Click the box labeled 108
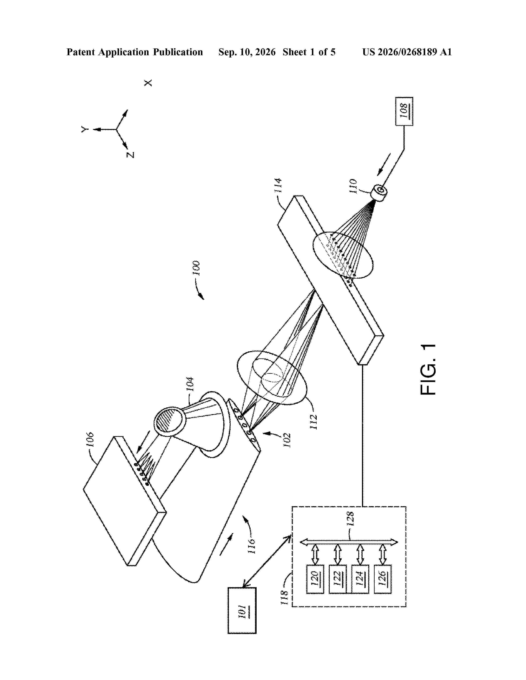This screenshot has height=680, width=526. [404, 111]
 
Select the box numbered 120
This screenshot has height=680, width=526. [315, 579]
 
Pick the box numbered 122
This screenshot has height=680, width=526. [338, 579]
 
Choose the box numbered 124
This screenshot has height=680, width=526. [360, 579]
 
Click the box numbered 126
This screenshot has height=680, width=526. [383, 579]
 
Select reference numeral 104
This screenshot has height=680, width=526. [190, 385]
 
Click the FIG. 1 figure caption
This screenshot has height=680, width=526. [428, 370]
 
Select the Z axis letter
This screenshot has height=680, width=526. [130, 155]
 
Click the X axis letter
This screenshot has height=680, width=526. [148, 83]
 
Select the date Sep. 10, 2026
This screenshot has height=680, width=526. [247, 52]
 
